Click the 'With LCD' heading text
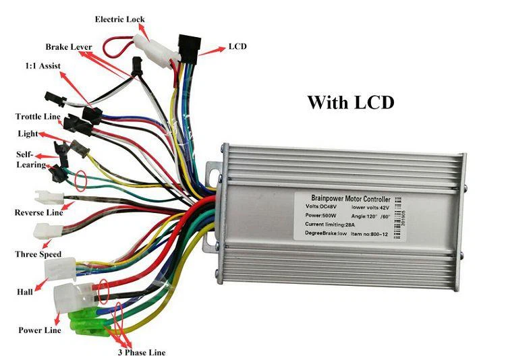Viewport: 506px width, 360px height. click(x=350, y=102)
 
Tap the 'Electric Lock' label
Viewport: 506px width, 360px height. click(x=119, y=20)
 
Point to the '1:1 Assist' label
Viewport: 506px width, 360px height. click(x=40, y=67)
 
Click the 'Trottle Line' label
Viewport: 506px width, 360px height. click(x=38, y=117)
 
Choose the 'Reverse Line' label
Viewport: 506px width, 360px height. click(x=38, y=213)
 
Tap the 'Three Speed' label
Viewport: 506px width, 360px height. click(x=38, y=254)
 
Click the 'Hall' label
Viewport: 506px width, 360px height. click(x=24, y=292)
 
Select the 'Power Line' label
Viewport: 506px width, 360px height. click(x=40, y=330)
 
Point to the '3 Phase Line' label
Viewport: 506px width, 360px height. click(x=142, y=352)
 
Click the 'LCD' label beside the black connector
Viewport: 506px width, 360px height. click(x=237, y=47)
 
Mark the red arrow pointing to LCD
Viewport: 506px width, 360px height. click(x=214, y=49)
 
